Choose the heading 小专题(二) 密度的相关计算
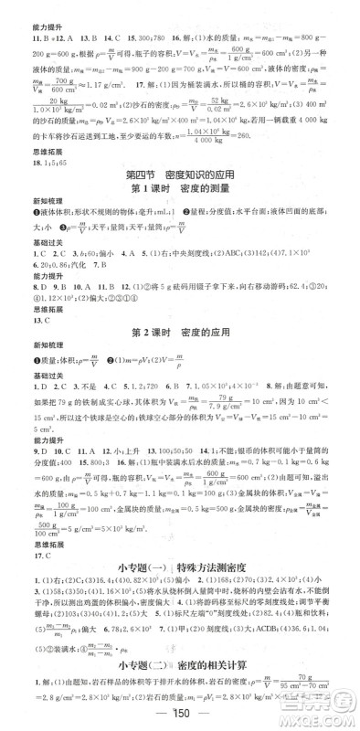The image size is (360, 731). coord(179,666)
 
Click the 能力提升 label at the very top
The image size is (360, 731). coord(26,7)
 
